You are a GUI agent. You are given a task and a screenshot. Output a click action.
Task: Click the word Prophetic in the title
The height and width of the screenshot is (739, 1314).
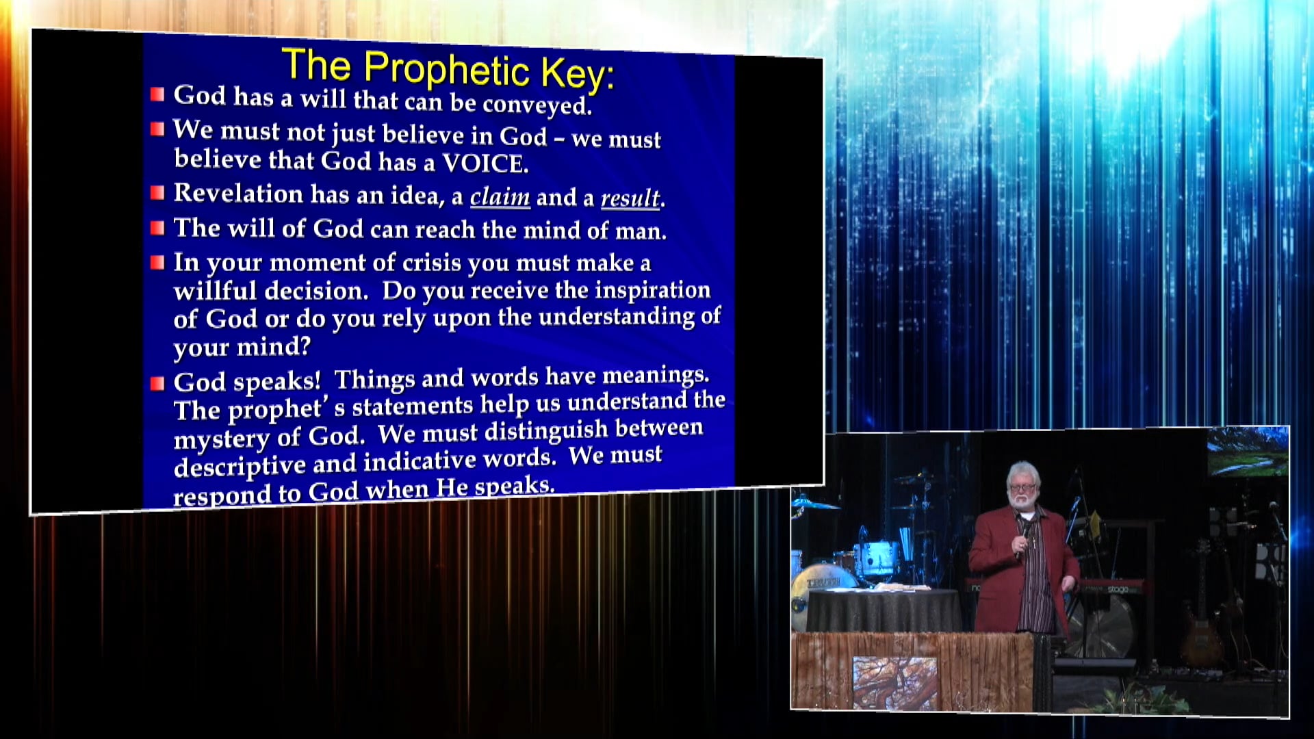click(x=446, y=69)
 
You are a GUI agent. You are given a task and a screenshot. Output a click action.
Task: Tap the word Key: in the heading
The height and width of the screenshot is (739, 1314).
click(x=578, y=73)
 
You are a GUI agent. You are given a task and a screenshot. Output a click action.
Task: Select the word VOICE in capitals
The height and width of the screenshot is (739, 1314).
click(x=485, y=164)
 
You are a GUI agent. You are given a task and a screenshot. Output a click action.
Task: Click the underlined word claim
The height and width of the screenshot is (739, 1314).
click(x=500, y=197)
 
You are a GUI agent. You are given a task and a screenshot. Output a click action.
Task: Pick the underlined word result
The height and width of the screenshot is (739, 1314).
click(x=630, y=198)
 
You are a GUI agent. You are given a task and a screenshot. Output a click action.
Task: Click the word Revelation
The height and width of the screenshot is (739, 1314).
click(x=238, y=193)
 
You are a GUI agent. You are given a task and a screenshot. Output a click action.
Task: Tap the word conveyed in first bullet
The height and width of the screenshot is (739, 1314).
click(x=537, y=105)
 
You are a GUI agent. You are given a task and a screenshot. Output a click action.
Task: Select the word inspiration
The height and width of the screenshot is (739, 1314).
click(x=652, y=290)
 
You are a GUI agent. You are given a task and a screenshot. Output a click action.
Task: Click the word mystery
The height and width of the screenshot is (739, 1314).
click(x=222, y=438)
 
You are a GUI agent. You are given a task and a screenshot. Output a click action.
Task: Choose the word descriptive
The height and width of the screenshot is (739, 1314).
click(x=240, y=467)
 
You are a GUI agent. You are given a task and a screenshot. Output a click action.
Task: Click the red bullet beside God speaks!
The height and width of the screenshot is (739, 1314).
click(x=157, y=383)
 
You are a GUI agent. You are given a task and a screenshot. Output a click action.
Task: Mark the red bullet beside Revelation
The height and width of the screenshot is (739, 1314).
click(x=157, y=193)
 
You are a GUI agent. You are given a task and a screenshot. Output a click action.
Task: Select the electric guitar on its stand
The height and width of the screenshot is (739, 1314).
click(x=1202, y=616)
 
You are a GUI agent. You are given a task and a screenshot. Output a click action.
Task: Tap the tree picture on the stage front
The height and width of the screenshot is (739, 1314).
click(x=894, y=682)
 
